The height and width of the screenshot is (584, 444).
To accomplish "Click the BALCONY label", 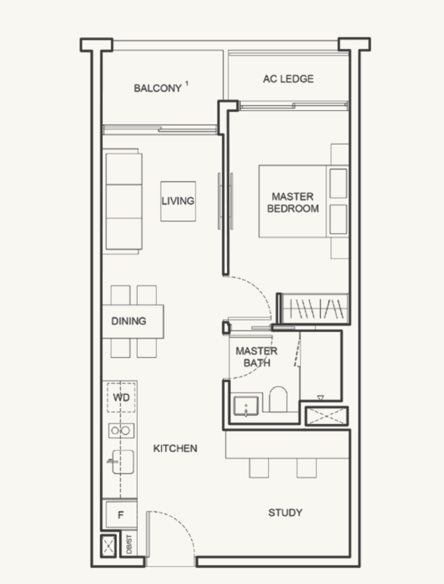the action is point(157,89).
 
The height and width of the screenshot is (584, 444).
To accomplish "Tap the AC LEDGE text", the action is point(288,79).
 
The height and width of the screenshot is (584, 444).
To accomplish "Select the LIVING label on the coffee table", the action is point(178,201).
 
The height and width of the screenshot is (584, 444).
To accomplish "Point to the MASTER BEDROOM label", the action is point(293,202).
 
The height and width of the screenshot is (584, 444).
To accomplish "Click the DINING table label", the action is point(129,321).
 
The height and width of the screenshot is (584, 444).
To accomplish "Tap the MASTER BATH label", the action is point(256,357).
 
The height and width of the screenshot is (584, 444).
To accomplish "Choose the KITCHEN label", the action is point(175,449).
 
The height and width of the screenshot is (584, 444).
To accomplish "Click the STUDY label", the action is point(285,513).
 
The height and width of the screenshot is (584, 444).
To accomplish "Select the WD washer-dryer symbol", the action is point(121,397).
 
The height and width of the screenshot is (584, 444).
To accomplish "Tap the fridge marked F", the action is point(121,515).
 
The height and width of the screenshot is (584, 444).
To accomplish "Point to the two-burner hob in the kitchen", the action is point(121,431).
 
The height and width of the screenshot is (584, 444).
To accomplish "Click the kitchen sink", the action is point(123,462).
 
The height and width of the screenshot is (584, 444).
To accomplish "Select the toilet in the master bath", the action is point(278,399).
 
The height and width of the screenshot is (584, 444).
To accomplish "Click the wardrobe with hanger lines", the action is point(315,309).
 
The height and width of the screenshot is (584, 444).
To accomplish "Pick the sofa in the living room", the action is point(124,201).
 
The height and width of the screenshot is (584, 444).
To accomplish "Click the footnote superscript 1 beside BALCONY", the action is point(187,84).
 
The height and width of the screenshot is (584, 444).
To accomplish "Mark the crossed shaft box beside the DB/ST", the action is point(108,546).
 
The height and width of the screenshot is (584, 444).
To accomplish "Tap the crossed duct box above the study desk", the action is point(327,416).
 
